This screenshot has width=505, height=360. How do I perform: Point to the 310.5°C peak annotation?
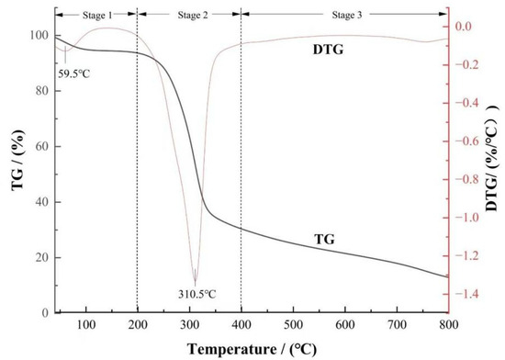(195, 294)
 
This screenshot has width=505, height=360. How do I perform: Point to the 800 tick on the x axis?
(448, 324)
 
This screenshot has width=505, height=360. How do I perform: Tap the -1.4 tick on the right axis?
(469, 294)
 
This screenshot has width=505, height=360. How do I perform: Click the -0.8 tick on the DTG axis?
(469, 179)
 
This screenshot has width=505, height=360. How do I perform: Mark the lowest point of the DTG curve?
(195, 286)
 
